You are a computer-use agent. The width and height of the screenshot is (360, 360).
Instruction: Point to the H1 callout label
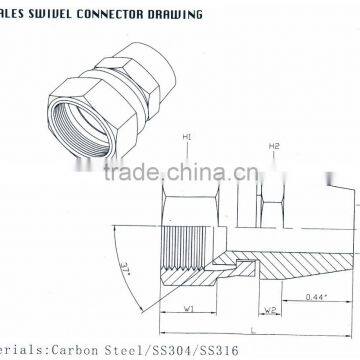click(186, 137)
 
